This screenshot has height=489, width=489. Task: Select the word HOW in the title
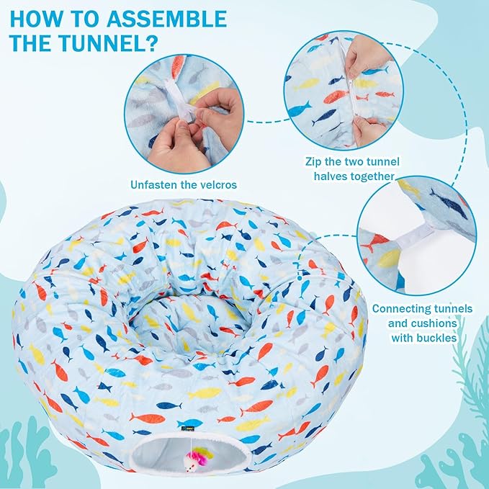38,18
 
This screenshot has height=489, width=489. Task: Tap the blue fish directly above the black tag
189,423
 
